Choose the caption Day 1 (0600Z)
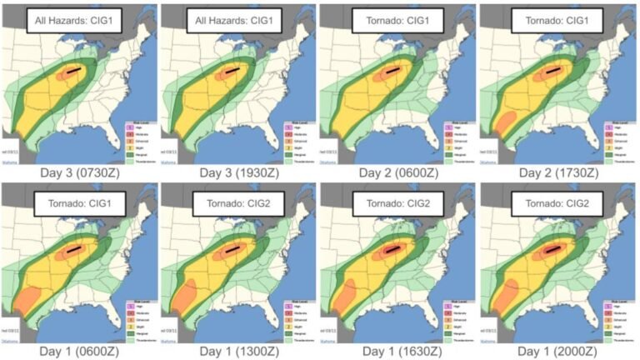pos(79,351)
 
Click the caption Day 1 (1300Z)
pos(239,351)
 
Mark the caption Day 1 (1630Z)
pos(399,351)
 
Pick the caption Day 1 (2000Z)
pos(559,351)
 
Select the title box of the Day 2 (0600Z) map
pos(398,20)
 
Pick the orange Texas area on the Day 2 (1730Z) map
pos(504,126)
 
